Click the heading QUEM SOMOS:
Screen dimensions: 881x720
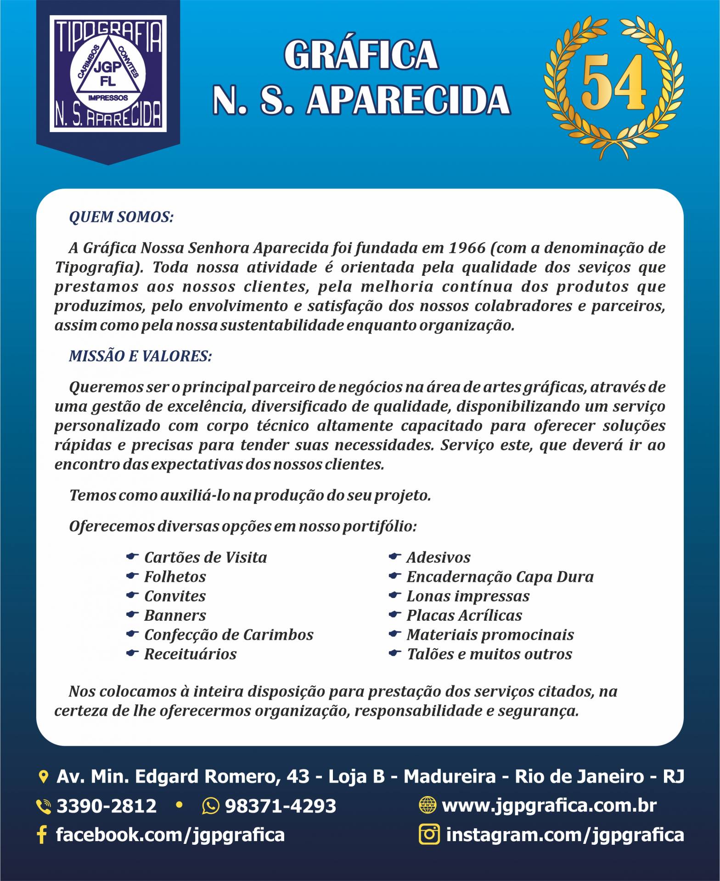click(121, 217)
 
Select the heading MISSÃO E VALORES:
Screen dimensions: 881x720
click(140, 356)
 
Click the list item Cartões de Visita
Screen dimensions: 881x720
click(205, 558)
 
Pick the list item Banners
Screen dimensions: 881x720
click(175, 615)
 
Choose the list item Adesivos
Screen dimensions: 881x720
click(439, 558)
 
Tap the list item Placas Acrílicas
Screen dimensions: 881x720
click(464, 615)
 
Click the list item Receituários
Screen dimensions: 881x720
click(190, 654)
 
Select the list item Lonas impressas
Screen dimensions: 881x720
click(468, 596)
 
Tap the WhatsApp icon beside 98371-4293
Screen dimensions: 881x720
click(210, 806)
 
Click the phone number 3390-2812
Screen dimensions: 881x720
click(106, 806)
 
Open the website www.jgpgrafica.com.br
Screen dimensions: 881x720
click(549, 806)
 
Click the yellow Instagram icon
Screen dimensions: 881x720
click(429, 834)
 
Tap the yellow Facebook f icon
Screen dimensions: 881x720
click(42, 835)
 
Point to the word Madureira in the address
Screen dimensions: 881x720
click(450, 777)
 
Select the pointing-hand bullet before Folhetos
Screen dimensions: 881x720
click(132, 576)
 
